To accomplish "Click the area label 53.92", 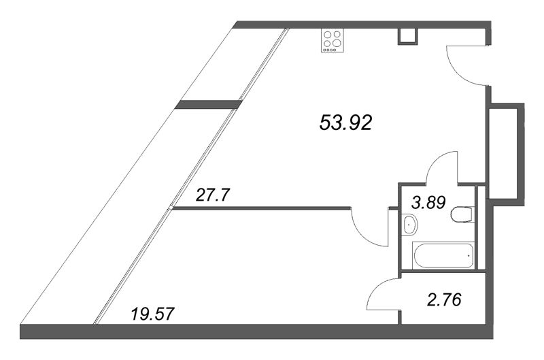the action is (345, 123).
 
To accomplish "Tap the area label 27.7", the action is (213, 195).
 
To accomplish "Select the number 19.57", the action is (152, 314).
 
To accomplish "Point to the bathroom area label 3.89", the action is (428, 202).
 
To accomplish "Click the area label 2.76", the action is (445, 300).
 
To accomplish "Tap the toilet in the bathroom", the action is (462, 214).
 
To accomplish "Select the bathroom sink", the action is (410, 225).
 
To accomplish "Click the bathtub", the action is (443, 255).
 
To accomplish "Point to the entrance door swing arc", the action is (454, 73).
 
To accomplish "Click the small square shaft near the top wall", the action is (408, 36).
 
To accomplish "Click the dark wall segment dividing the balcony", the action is (208, 104).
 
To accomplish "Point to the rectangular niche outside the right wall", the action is (506, 154).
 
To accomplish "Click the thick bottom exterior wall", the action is (256, 331).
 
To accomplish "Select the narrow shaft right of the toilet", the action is (481, 228).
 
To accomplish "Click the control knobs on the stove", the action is (329, 50).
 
